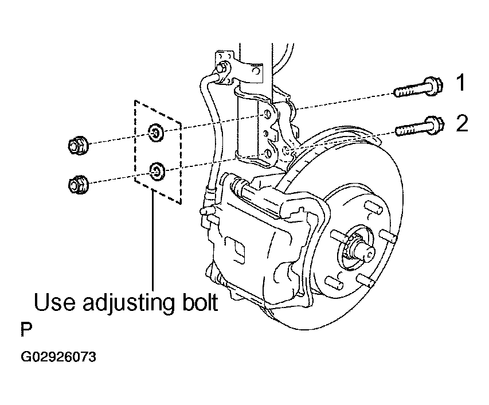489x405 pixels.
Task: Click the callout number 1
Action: tap(460, 83)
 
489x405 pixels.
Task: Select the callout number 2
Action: tap(462, 123)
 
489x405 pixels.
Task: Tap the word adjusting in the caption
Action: tap(124, 303)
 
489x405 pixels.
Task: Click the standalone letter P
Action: tap(26, 331)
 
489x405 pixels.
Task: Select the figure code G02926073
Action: tap(58, 357)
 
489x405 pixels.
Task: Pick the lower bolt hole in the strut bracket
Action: tap(267, 154)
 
